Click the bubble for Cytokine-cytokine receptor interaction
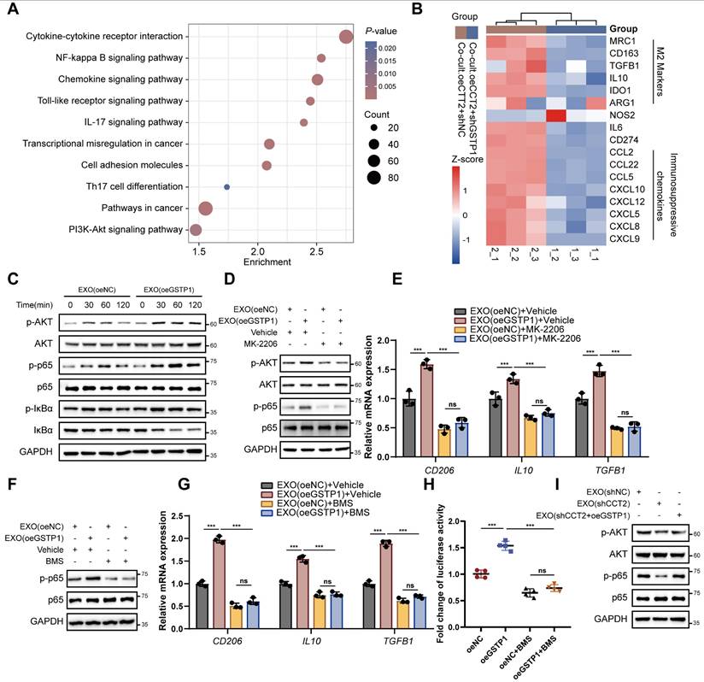[x=346, y=37]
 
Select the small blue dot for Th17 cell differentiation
[x=226, y=186]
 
